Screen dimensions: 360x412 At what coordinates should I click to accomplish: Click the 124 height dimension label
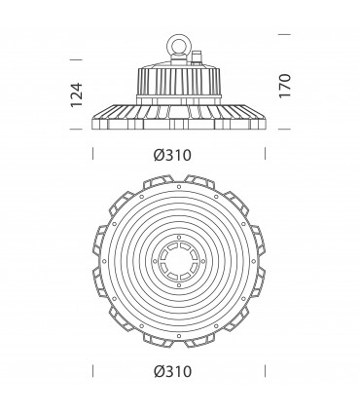pos(77,94)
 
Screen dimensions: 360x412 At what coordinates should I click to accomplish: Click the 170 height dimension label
pos(285,86)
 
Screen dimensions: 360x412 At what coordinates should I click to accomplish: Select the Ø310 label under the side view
pos(172,155)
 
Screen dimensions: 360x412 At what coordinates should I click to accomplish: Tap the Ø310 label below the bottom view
pos(172,371)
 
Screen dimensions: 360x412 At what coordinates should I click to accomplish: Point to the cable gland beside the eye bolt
pos(197,58)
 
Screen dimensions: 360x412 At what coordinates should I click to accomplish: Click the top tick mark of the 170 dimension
pos(284,34)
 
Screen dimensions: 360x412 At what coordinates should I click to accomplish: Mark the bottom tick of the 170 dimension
pos(284,129)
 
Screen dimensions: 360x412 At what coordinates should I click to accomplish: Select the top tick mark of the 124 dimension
pos(76,59)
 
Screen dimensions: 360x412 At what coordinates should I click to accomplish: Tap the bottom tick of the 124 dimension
pos(76,129)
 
